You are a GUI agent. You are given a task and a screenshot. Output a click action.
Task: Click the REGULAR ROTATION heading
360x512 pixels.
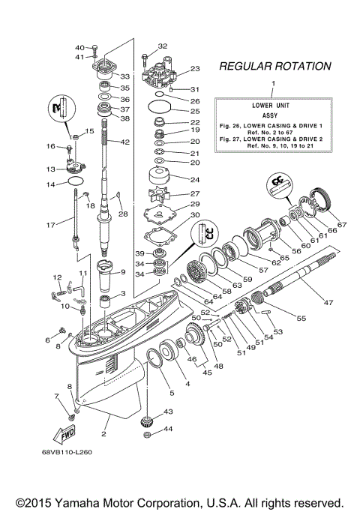click(274, 67)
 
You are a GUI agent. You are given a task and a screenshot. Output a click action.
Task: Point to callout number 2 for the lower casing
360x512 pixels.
click(104, 433)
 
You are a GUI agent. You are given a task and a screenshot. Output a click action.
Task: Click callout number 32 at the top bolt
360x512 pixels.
click(163, 46)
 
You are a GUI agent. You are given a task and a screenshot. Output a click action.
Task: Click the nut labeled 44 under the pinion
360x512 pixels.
click(148, 437)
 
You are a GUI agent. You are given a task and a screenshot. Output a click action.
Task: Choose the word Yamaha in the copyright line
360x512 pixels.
click(80, 502)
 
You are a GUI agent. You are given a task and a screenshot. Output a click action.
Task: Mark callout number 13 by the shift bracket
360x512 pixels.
click(52, 169)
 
